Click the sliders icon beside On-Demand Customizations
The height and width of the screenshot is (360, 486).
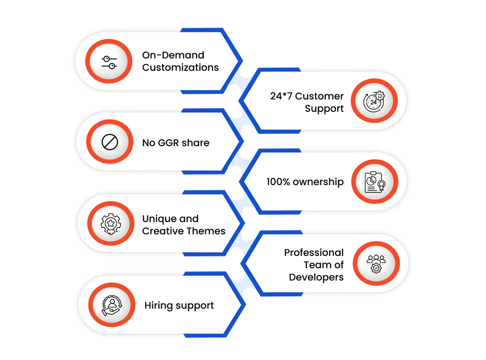coord(109,62)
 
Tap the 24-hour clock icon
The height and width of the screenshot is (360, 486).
coord(374,101)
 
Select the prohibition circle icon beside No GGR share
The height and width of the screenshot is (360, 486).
coord(110,142)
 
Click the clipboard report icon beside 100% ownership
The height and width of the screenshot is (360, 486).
coord(375,182)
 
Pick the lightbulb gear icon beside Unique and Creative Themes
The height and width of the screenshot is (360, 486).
coord(111,224)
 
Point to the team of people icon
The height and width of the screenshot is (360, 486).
coord(376,264)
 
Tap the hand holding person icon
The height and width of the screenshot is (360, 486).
coord(112,305)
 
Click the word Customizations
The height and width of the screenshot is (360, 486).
coord(181,68)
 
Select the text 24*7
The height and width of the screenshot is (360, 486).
coord(281,96)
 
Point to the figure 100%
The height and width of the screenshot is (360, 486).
coord(278,182)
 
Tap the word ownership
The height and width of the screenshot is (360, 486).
coord(318,182)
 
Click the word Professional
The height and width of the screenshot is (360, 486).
coord(314,252)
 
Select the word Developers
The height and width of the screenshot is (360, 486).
coord(316,277)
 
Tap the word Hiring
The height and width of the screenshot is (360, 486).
coord(159,306)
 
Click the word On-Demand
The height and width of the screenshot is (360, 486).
coord(173,55)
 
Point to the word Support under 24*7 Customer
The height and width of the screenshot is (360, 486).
coord(324,109)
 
